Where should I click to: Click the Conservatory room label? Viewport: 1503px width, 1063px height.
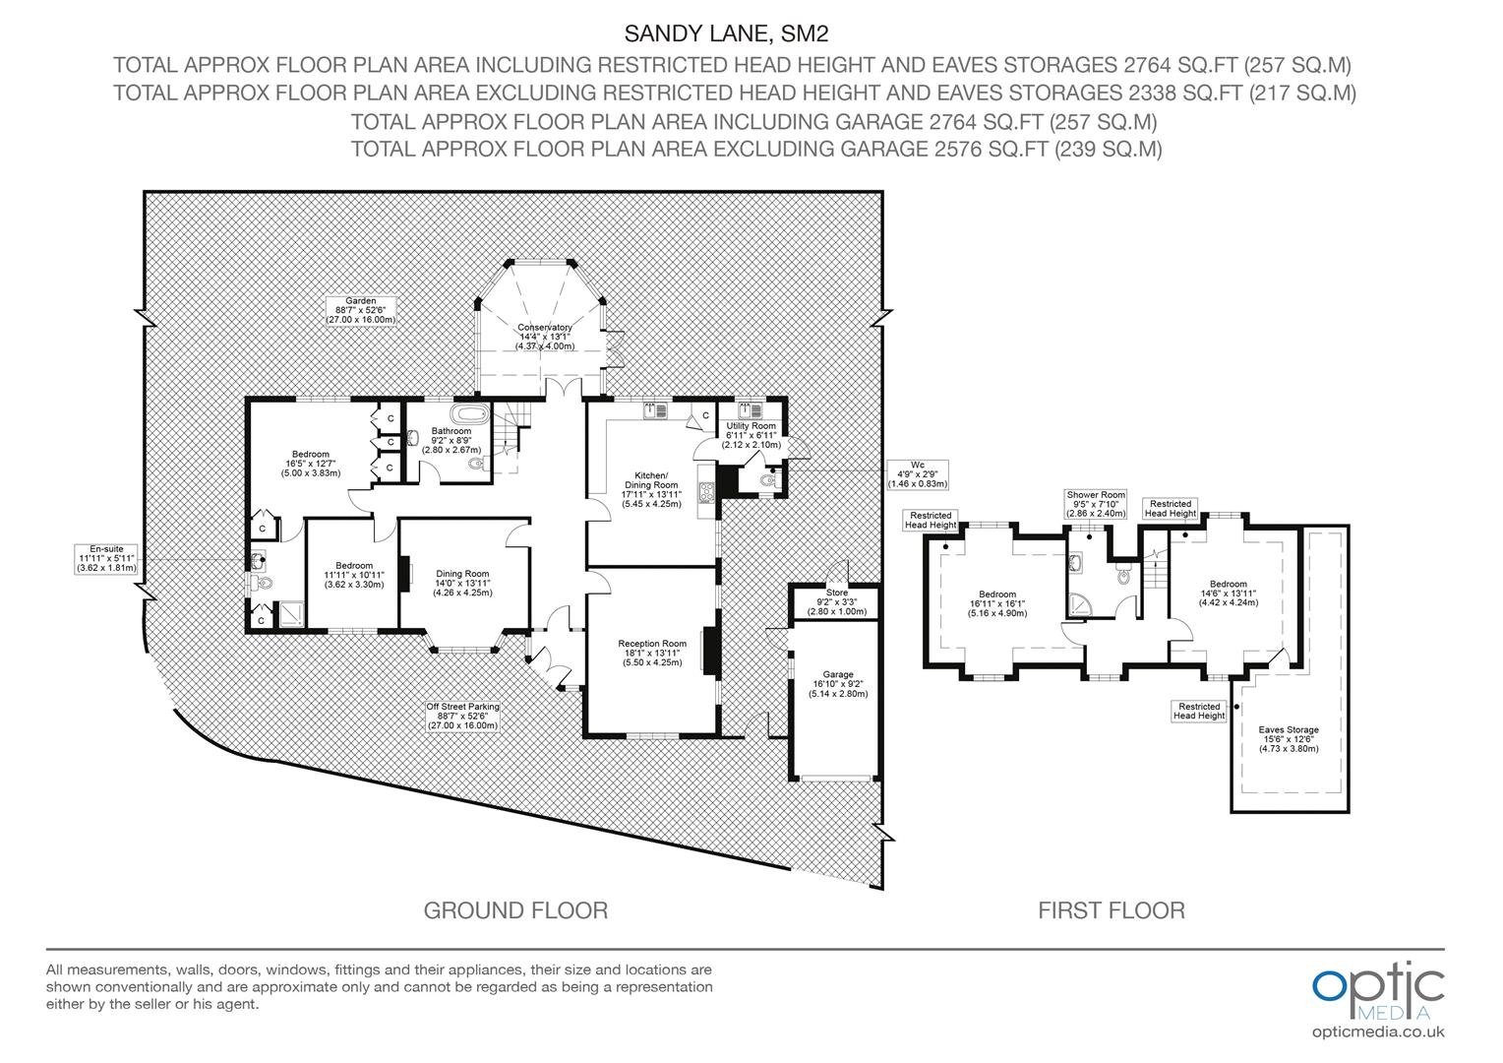coord(545,337)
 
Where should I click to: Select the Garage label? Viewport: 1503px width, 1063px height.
coord(838,684)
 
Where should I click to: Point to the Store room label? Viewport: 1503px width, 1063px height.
coord(837,601)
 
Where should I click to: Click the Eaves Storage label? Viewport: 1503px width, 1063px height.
coord(1289,738)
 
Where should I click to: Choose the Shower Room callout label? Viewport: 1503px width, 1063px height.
coord(1096,504)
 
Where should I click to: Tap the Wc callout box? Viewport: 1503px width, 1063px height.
coord(917,474)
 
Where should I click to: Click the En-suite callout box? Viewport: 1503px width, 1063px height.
coord(106,559)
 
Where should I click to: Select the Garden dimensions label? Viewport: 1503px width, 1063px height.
coord(360,310)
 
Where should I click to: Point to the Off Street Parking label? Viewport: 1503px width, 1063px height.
coord(463,717)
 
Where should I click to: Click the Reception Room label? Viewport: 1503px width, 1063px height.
coord(652,653)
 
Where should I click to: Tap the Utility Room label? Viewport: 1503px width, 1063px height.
coord(751,435)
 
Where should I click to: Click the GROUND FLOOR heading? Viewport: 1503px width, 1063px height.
coord(516,910)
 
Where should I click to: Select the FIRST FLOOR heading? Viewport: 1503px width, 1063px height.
coord(1112,910)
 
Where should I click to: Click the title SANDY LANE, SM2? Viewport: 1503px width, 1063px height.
coord(726,32)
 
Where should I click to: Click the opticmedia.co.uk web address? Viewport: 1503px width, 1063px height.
coord(1378,1032)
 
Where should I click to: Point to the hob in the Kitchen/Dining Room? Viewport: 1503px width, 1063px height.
coord(706,491)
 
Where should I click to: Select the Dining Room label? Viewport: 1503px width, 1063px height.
coord(462,583)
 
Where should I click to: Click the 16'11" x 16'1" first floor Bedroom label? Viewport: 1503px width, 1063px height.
coord(997,603)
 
